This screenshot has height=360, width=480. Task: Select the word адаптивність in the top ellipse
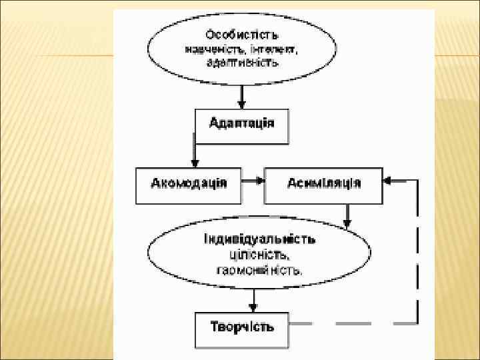coord(242,62)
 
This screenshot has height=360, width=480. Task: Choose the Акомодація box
coord(189,183)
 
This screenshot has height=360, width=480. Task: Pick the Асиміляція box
coord(323,183)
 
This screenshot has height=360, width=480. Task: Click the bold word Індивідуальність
coord(259,239)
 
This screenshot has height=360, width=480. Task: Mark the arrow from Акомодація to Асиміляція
coord(253,180)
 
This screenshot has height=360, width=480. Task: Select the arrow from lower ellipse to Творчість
coord(252,299)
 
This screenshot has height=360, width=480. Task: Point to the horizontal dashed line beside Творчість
coord(353,323)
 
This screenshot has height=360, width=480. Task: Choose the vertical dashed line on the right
coord(417,253)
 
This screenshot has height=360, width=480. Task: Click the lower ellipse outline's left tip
coord(149,255)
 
